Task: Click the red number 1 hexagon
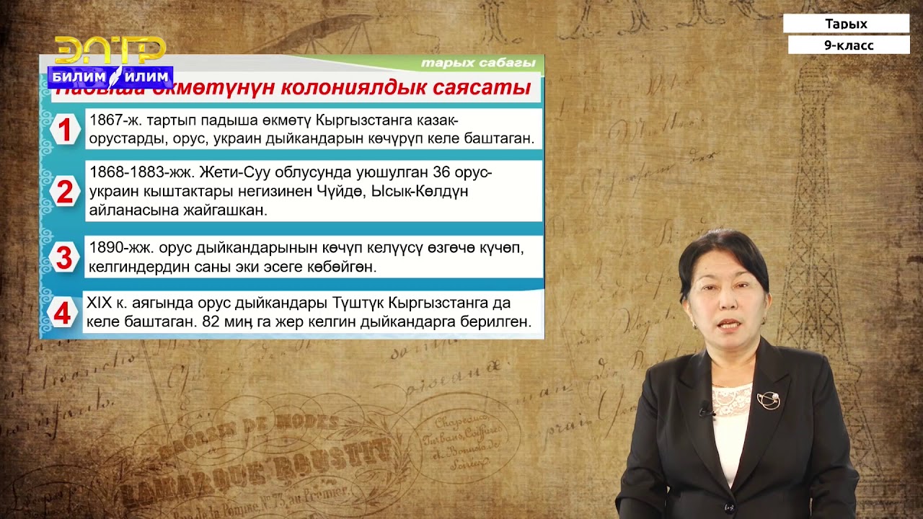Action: coord(65,130)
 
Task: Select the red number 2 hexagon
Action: coord(65,192)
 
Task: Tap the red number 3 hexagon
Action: coord(64,257)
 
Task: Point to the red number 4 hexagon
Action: coord(63,314)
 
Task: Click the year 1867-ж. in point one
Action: coord(116,120)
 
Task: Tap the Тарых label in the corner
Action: coord(846,24)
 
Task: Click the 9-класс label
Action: coord(849,45)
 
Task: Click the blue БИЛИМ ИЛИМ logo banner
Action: coord(110,76)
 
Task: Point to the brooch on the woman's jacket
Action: coord(768,400)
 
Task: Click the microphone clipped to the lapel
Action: coord(706,412)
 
